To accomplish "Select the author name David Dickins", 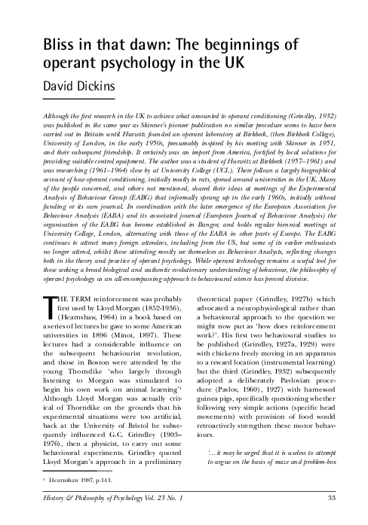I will click(71, 90).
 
